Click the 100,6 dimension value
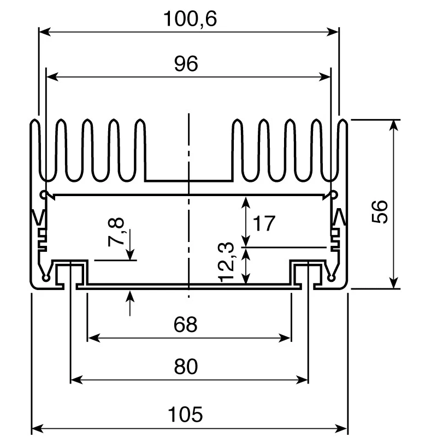click(190, 19)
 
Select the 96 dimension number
click(186, 63)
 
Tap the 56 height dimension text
click(380, 211)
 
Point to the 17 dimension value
click(264, 223)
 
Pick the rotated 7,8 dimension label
click(116, 232)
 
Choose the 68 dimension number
click(185, 324)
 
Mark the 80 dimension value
click(186, 366)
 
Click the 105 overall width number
click(185, 414)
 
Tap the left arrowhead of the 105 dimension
click(38, 428)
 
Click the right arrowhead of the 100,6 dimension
click(333, 32)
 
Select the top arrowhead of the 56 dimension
click(393, 126)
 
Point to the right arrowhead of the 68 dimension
click(285, 338)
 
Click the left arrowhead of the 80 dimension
click(76, 379)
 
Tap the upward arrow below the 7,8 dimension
click(130, 303)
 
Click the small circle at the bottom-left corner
click(45, 278)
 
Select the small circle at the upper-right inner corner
click(334, 194)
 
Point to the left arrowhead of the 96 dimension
click(52, 76)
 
